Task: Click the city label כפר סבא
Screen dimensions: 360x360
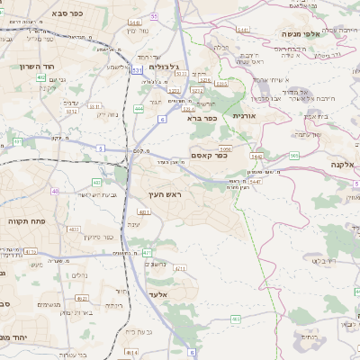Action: pos(92,13)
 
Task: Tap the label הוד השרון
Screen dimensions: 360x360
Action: pos(33,67)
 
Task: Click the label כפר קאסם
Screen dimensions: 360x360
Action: pos(209,155)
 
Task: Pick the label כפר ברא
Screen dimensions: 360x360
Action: pos(202,118)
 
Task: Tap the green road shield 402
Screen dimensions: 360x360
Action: pos(41,77)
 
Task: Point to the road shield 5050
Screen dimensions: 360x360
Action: pos(225,149)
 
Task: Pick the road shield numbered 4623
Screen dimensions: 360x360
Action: pos(82,298)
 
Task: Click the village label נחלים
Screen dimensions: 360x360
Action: pos(79,276)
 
